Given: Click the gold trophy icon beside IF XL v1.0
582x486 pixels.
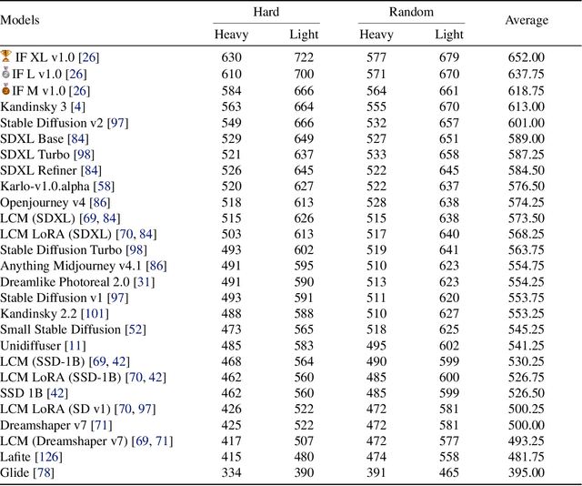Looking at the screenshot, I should pyautogui.click(x=6, y=56).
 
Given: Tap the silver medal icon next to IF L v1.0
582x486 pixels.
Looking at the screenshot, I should pyautogui.click(x=6, y=73).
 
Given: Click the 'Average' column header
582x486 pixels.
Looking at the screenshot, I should pyautogui.click(x=527, y=19).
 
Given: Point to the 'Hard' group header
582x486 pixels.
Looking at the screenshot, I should pyautogui.click(x=265, y=12).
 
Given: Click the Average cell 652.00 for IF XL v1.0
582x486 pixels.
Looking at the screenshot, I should pyautogui.click(x=526, y=56).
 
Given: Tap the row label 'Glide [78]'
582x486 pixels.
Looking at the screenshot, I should pyautogui.click(x=28, y=471).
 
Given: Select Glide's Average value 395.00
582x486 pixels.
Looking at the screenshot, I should pyautogui.click(x=526, y=471).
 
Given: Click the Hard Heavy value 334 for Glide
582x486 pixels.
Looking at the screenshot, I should pyautogui.click(x=231, y=471).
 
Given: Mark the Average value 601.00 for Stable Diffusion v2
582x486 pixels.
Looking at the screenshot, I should pyautogui.click(x=526, y=123).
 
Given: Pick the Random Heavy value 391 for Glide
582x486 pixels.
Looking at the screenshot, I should pyautogui.click(x=376, y=471).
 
